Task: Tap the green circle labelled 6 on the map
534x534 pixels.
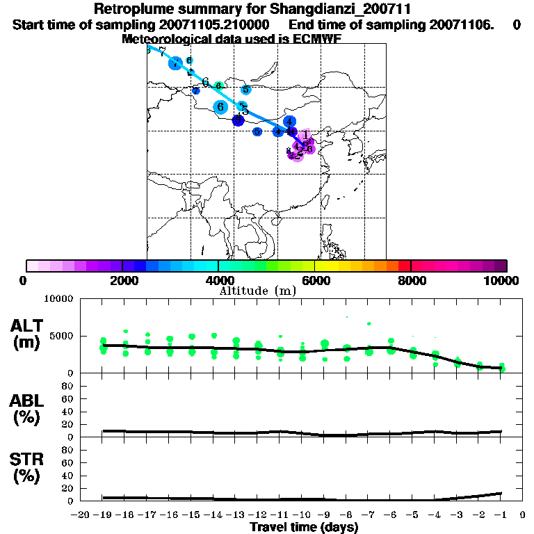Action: click(x=218, y=86)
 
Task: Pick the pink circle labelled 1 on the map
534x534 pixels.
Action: click(x=306, y=136)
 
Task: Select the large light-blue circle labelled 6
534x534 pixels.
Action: click(x=221, y=107)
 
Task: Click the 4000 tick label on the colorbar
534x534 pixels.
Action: click(x=218, y=280)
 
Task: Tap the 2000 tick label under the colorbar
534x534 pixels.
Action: click(x=122, y=280)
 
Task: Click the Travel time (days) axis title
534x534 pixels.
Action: click(x=304, y=528)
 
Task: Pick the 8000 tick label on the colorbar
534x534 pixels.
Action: click(x=411, y=280)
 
